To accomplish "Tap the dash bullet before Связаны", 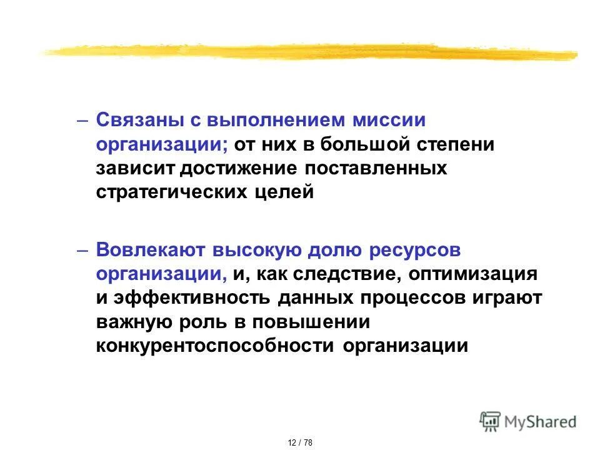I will tap(84, 119).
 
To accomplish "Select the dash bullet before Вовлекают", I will tap(84, 249).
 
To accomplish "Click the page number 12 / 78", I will tap(300, 442).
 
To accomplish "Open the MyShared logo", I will tap(527, 422).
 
